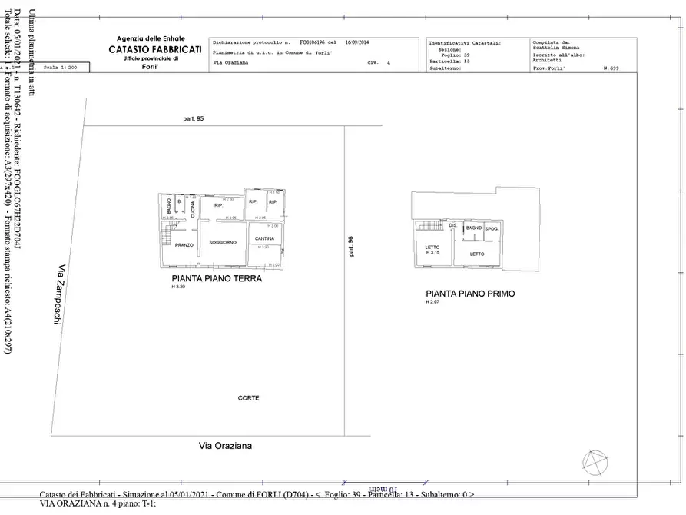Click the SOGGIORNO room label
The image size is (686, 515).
222,242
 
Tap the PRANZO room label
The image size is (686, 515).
184,245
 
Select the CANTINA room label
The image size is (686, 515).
264,239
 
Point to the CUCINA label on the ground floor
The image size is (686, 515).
193,208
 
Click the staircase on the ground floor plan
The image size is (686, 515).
167,232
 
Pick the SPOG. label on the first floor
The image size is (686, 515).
492,229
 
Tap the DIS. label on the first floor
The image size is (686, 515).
453,225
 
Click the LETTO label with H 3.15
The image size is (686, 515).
432,250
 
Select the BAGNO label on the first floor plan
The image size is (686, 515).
473,228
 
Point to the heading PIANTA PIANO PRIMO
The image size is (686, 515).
470,294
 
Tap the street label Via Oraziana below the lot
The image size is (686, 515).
226,445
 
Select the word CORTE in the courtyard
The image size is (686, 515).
248,397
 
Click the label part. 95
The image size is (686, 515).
194,119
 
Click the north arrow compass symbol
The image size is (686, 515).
594,462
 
